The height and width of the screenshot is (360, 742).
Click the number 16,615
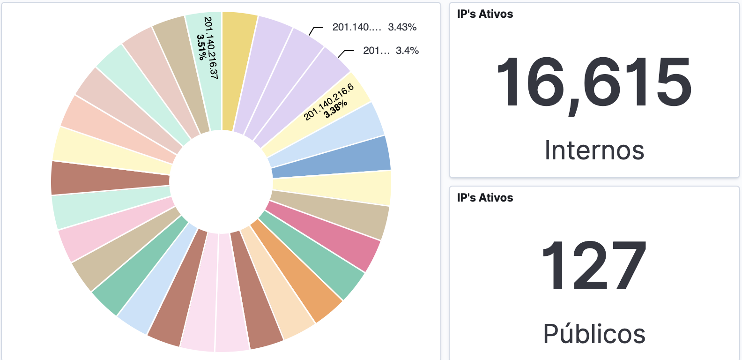tap(594, 82)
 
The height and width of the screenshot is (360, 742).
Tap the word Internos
tap(594, 150)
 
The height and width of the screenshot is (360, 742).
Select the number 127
tap(594, 265)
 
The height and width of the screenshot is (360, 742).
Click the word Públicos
tap(594, 334)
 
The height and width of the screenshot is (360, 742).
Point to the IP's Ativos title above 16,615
tap(485, 14)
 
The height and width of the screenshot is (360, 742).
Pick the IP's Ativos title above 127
tap(485, 198)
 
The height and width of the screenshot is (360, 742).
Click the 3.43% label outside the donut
tap(402, 27)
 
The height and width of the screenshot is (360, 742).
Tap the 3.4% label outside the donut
tap(407, 51)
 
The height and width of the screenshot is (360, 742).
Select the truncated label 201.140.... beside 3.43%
tap(356, 27)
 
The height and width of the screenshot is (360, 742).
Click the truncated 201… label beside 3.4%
tap(376, 51)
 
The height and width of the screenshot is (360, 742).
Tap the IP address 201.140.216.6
tap(328, 102)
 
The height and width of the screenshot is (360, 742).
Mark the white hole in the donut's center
tap(221, 182)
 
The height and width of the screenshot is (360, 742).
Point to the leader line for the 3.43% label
tap(315, 30)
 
